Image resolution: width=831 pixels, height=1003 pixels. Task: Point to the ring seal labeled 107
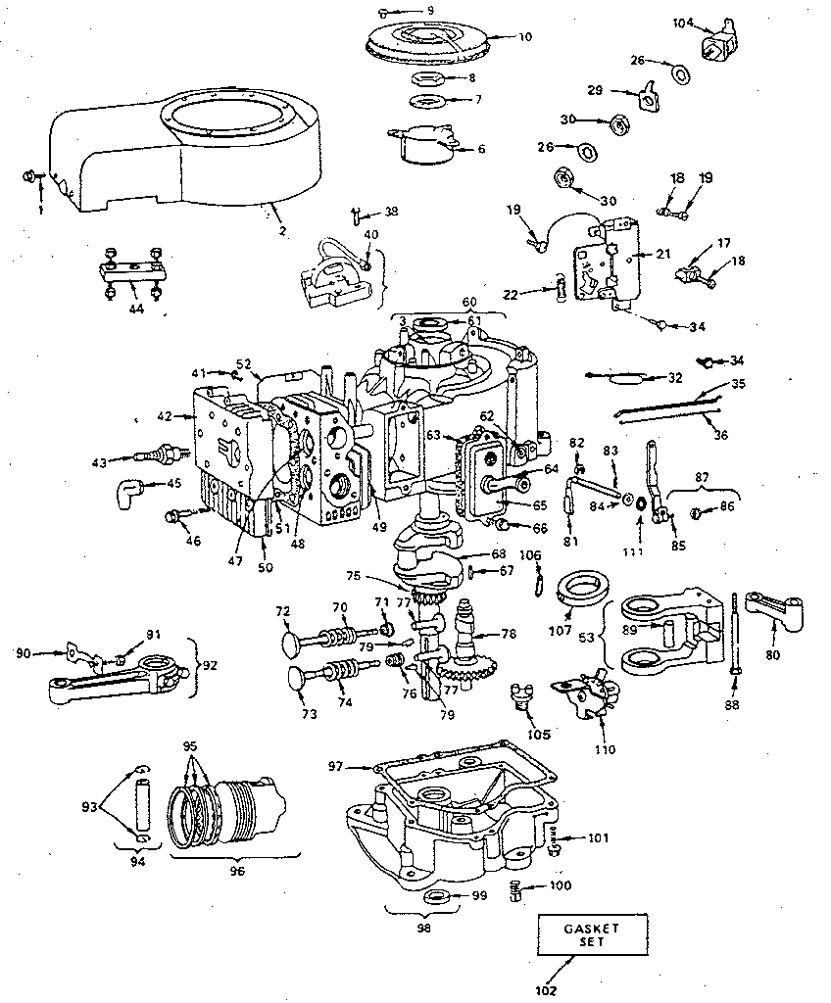point(579,591)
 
